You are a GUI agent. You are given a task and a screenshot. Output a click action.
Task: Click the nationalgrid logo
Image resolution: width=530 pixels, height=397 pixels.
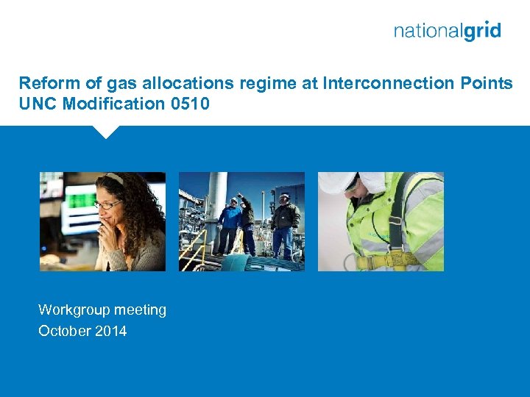(x=447, y=31)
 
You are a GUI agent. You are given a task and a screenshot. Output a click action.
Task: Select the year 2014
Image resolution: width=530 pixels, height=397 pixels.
(x=110, y=331)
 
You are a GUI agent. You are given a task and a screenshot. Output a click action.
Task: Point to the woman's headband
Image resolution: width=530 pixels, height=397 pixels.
(x=113, y=178)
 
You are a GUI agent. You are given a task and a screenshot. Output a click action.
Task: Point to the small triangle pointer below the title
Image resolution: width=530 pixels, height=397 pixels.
(x=106, y=132)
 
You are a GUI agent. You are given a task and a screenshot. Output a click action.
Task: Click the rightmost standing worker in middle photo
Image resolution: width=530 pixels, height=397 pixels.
(x=284, y=224)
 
